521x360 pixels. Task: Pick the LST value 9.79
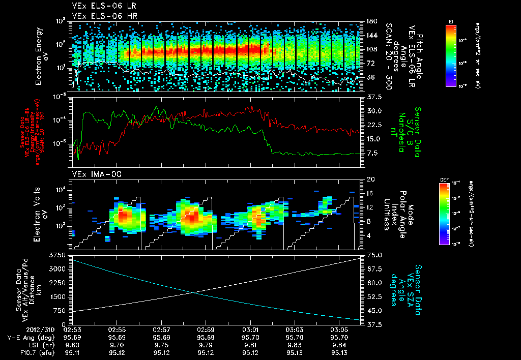[206, 344]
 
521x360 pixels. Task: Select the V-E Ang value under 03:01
[250, 337]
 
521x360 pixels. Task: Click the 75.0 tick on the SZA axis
[374, 255]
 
